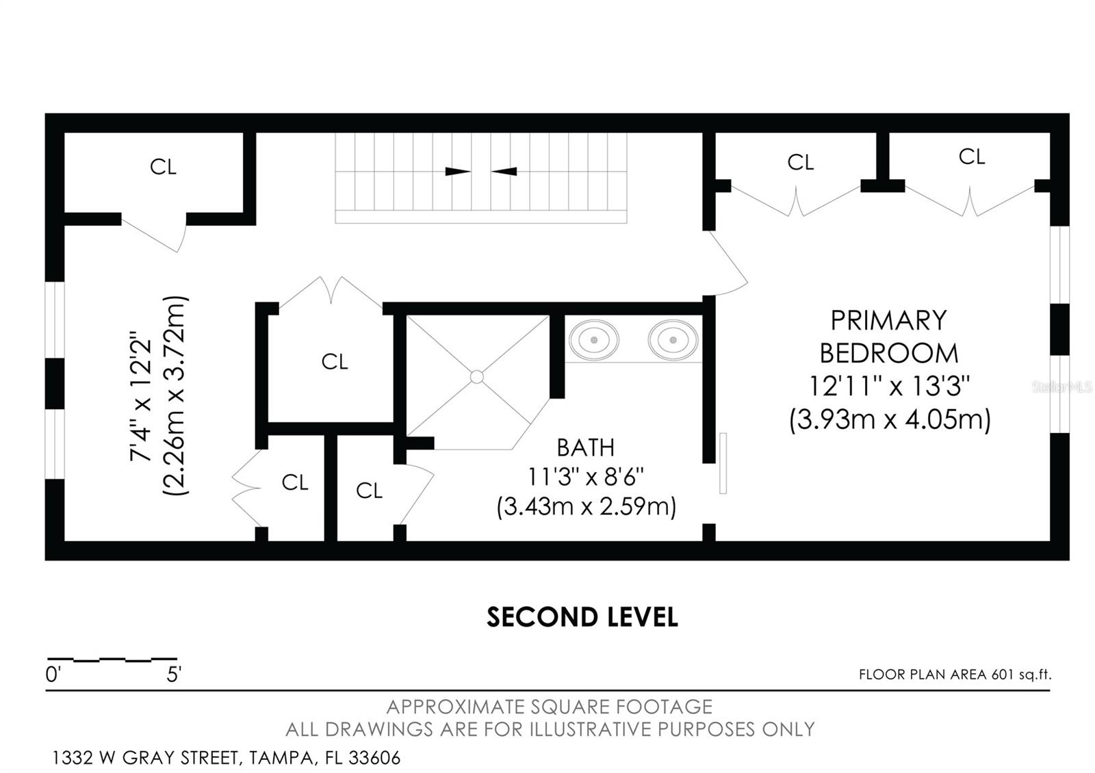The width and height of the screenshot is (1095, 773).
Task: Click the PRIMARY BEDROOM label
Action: [x=888, y=337]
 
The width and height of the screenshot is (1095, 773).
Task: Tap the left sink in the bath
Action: [x=594, y=339]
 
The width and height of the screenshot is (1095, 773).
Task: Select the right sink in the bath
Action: [x=673, y=339]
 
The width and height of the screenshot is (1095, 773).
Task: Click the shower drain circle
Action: [x=477, y=377]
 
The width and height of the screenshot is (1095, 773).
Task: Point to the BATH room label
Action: [x=585, y=447]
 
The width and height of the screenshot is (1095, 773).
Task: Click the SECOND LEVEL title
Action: [x=582, y=617]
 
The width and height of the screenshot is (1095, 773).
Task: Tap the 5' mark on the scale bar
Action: [x=173, y=675]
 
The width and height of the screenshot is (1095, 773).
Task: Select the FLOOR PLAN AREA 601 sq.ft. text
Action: [x=955, y=674]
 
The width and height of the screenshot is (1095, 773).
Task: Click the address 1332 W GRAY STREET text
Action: [x=226, y=758]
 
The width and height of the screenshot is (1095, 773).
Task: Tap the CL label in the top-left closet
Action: [x=163, y=166]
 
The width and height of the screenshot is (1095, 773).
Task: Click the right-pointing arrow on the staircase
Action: [x=458, y=171]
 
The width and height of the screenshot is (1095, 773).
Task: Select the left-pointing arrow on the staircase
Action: [x=504, y=171]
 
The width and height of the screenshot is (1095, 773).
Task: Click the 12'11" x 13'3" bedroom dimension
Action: [x=890, y=386]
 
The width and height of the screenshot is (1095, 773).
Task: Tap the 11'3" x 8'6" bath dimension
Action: [x=585, y=476]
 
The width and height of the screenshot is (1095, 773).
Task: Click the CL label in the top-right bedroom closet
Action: [x=971, y=157]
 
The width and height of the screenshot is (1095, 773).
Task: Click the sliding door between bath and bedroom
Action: [x=723, y=462]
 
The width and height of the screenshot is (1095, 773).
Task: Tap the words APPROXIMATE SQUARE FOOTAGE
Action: [x=550, y=707]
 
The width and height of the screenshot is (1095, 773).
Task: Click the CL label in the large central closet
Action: [x=335, y=361]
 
